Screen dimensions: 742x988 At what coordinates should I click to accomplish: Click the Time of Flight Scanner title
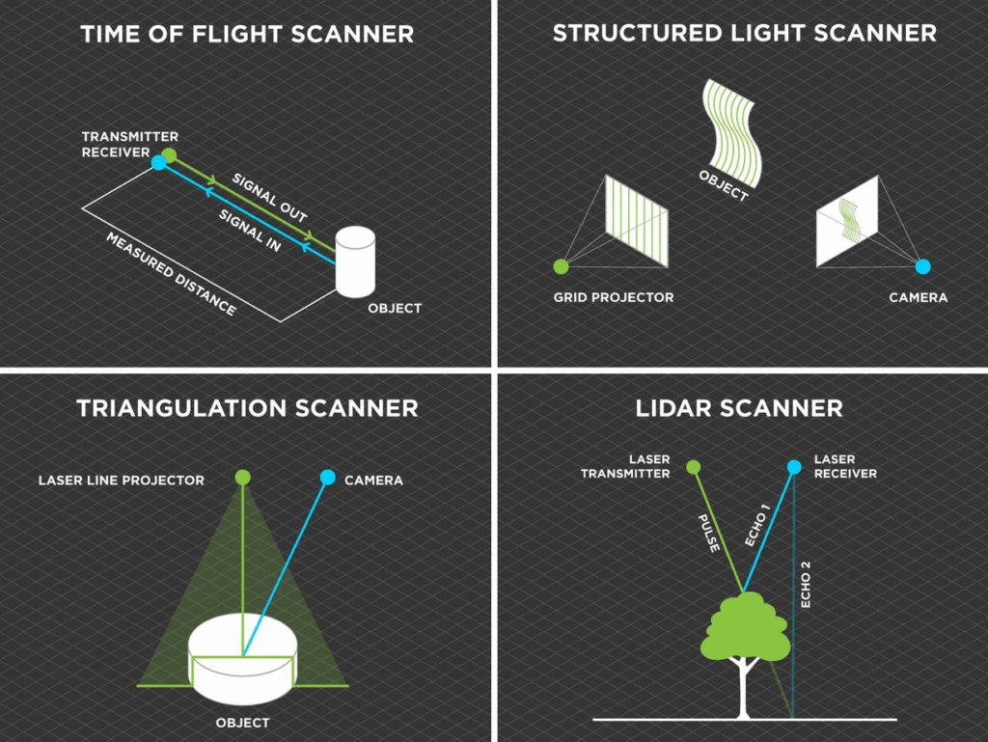(x=247, y=35)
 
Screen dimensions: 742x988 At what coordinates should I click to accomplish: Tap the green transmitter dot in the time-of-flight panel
(x=170, y=154)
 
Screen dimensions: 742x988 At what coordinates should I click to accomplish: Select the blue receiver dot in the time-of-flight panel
(x=159, y=163)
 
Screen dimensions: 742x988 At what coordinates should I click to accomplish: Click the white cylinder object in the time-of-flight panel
(x=355, y=261)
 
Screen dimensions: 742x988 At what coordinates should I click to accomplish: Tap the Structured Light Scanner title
(x=744, y=34)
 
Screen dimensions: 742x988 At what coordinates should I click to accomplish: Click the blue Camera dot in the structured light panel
(x=922, y=265)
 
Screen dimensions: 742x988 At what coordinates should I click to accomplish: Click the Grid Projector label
(x=614, y=297)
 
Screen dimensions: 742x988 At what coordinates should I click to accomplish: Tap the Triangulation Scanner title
(x=247, y=408)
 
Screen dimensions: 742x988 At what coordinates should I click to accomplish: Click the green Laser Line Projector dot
(x=243, y=476)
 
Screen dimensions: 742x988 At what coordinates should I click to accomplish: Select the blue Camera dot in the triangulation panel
(x=327, y=476)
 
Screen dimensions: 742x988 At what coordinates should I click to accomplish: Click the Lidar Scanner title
(x=739, y=408)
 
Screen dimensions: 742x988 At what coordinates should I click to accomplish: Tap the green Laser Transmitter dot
(x=693, y=468)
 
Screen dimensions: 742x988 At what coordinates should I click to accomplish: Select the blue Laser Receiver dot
(x=794, y=467)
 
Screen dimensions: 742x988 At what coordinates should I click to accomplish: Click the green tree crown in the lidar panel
(x=746, y=627)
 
